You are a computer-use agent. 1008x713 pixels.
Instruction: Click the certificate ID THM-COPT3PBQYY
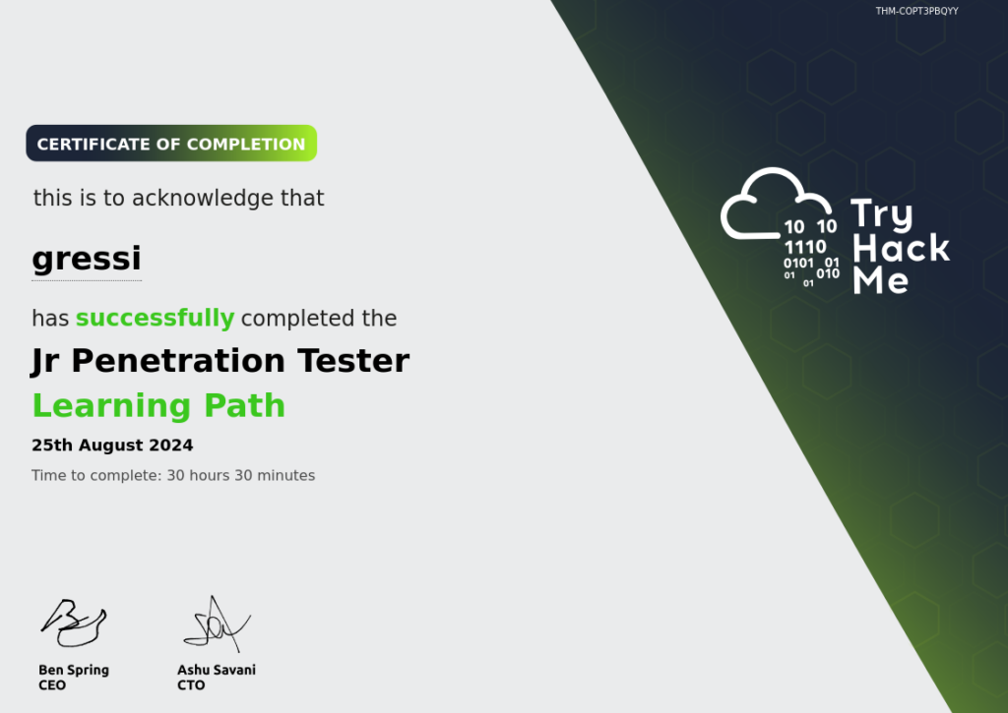[x=916, y=11]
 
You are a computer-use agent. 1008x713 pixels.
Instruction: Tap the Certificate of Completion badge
[x=171, y=144]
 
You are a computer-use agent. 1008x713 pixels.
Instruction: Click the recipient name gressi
[x=87, y=259]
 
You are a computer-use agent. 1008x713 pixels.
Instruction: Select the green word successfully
[x=155, y=318]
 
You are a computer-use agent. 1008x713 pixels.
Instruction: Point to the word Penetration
[x=178, y=360]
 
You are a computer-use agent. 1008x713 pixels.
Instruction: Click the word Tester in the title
[x=353, y=360]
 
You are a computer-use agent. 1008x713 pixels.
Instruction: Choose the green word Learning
[x=112, y=406]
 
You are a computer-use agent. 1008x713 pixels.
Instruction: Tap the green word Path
[x=244, y=405]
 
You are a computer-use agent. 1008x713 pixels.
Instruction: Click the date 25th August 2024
[x=112, y=446]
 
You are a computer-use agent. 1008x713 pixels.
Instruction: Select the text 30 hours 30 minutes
[x=241, y=475]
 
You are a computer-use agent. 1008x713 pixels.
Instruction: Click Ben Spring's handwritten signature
[x=74, y=623]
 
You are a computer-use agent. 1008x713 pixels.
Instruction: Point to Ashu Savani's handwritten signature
[x=217, y=624]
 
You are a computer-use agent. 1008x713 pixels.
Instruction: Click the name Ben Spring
[x=74, y=670]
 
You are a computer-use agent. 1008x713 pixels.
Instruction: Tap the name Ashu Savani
[x=217, y=670]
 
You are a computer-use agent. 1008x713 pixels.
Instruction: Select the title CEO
[x=52, y=685]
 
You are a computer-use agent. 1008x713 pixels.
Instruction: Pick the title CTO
[x=191, y=685]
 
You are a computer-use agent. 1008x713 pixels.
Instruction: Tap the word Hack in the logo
[x=902, y=248]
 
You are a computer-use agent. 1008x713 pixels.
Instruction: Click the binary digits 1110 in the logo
[x=805, y=247]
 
